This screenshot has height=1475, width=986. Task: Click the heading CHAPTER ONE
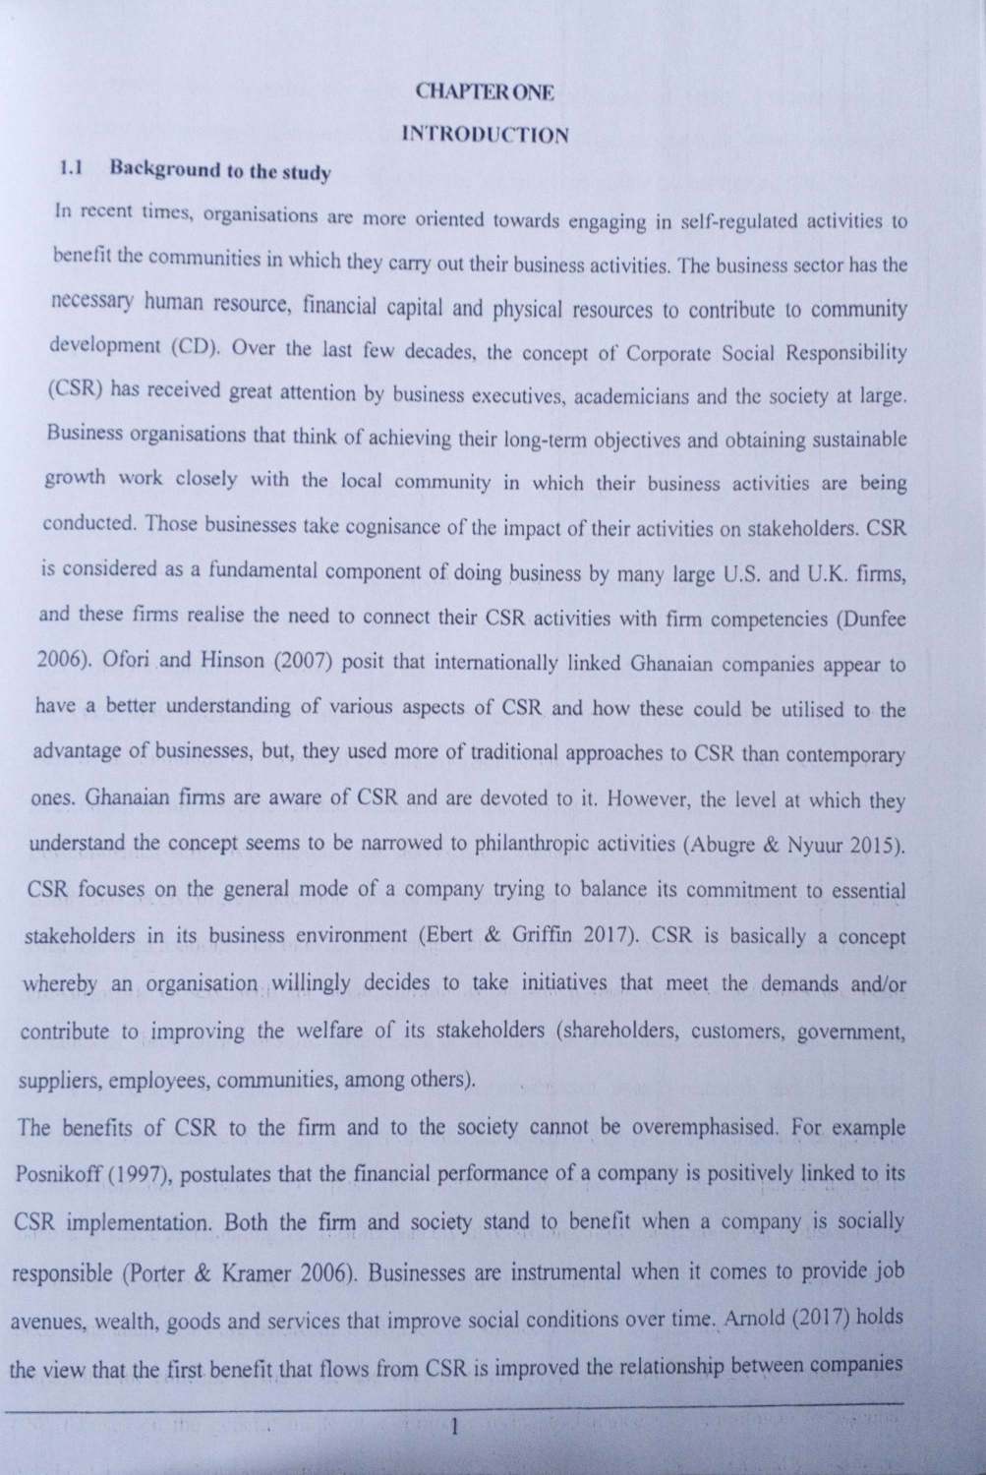[486, 92]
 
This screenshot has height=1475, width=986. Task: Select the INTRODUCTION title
[486, 135]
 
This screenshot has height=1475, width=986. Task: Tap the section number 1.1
[70, 168]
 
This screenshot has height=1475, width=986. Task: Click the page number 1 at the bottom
[453, 1428]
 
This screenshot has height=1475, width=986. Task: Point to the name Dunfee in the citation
[872, 619]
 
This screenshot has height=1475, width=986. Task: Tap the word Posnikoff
[61, 1174]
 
